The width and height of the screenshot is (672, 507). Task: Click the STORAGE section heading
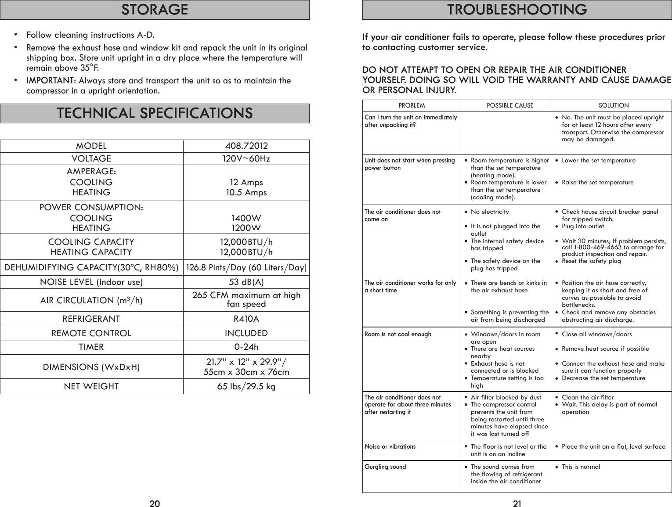click(x=155, y=10)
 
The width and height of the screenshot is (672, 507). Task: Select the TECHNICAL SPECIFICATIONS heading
click(x=155, y=113)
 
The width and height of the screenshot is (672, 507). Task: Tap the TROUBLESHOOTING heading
click(x=517, y=10)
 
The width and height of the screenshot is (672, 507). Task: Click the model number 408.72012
click(x=246, y=146)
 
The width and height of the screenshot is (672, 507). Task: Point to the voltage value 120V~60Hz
click(x=246, y=158)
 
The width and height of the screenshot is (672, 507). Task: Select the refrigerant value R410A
click(x=246, y=319)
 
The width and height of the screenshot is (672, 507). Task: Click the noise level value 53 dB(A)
click(x=246, y=282)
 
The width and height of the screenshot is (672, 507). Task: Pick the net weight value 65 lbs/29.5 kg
click(x=246, y=386)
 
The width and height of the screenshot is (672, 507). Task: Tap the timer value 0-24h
click(x=246, y=347)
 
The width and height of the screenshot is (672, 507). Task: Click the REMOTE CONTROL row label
click(x=91, y=333)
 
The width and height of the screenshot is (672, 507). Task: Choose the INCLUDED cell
click(x=246, y=333)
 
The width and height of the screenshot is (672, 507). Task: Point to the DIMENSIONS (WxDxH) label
click(x=91, y=367)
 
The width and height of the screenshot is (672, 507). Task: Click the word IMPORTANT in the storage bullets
click(x=50, y=81)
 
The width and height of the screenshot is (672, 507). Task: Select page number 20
click(x=155, y=503)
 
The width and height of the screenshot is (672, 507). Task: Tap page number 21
click(x=517, y=503)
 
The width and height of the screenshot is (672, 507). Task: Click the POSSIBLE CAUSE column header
click(x=510, y=105)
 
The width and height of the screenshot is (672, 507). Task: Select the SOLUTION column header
click(x=614, y=105)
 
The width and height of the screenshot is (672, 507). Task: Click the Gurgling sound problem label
click(x=385, y=467)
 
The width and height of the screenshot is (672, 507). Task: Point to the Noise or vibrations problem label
click(x=390, y=446)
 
